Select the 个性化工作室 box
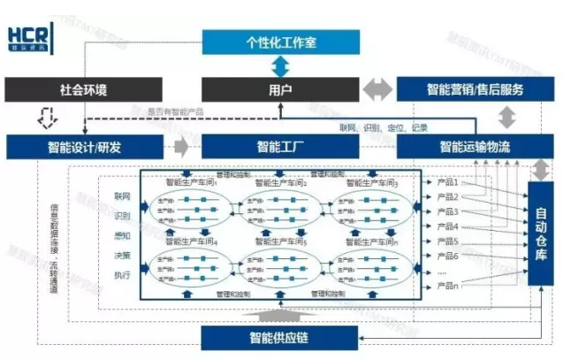[280, 42]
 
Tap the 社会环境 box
[85, 89]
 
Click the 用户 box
[280, 89]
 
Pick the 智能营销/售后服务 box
[475, 89]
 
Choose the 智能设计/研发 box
[85, 146]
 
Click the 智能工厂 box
[280, 146]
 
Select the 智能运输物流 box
[475, 146]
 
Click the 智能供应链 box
[280, 337]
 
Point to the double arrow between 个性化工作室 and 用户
[280, 65]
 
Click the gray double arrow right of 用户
[377, 89]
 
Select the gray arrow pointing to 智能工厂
[183, 146]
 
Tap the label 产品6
[447, 256]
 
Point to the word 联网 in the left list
[122, 195]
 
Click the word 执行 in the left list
[122, 275]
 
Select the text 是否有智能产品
[175, 111]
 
